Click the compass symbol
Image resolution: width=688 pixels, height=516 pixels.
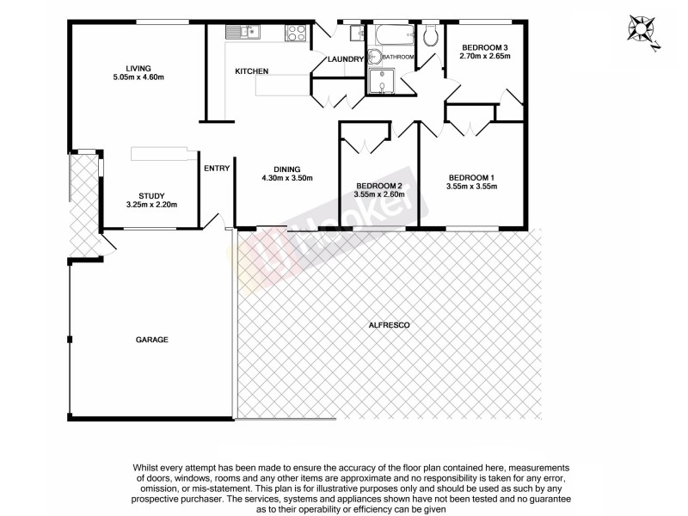click(x=641, y=28)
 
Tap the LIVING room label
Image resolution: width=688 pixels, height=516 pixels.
click(x=138, y=68)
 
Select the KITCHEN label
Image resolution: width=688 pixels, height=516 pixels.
click(x=252, y=71)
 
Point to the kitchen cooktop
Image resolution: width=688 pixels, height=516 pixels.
click(x=297, y=33)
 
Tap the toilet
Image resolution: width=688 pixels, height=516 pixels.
click(x=432, y=34)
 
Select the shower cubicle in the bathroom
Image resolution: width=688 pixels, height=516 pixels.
click(x=379, y=81)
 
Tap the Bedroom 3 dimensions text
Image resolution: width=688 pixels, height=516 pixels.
click(x=486, y=57)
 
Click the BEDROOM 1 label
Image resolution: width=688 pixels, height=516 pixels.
click(x=471, y=177)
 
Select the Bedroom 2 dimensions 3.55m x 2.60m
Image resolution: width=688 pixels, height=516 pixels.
click(x=379, y=194)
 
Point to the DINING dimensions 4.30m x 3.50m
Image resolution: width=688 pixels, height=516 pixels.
click(x=287, y=178)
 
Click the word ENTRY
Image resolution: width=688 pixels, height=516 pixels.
click(x=217, y=168)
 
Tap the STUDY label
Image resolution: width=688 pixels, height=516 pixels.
click(x=151, y=195)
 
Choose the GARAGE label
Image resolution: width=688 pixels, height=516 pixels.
click(x=151, y=340)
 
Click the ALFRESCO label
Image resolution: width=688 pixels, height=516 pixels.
click(x=388, y=325)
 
